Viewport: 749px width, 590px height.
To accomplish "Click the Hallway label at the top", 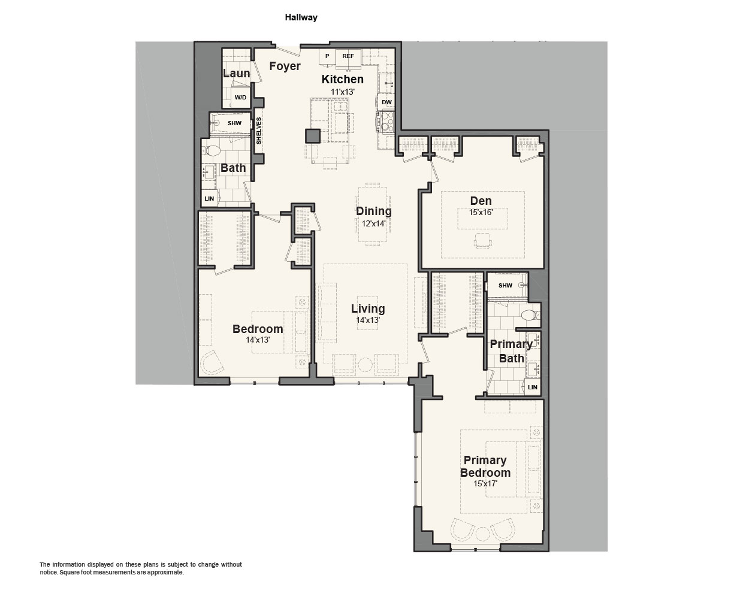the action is [x=301, y=17].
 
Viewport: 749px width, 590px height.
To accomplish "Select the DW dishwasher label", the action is [x=386, y=102].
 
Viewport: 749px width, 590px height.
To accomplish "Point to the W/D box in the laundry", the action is [x=240, y=98].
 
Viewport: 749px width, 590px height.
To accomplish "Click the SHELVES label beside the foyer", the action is [x=259, y=131].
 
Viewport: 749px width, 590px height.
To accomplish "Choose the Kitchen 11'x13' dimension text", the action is [x=343, y=92].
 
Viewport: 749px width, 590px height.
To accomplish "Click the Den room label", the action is [x=481, y=201].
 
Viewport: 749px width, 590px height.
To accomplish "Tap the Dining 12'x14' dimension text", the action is [x=373, y=223].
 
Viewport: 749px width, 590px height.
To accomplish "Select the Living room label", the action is [x=368, y=308].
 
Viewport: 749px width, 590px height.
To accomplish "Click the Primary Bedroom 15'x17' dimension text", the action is [x=485, y=483].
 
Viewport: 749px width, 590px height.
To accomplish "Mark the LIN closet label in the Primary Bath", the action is [x=533, y=387].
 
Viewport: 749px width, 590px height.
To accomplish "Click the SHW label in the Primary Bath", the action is [x=505, y=285].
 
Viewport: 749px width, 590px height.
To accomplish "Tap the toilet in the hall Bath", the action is [x=212, y=150].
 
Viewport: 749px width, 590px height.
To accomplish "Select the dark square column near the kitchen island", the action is [x=313, y=136].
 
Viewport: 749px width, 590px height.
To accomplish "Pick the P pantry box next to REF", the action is [x=327, y=57].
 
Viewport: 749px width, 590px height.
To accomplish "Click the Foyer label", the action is [x=285, y=66].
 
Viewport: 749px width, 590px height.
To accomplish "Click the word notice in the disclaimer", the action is [x=49, y=572].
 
